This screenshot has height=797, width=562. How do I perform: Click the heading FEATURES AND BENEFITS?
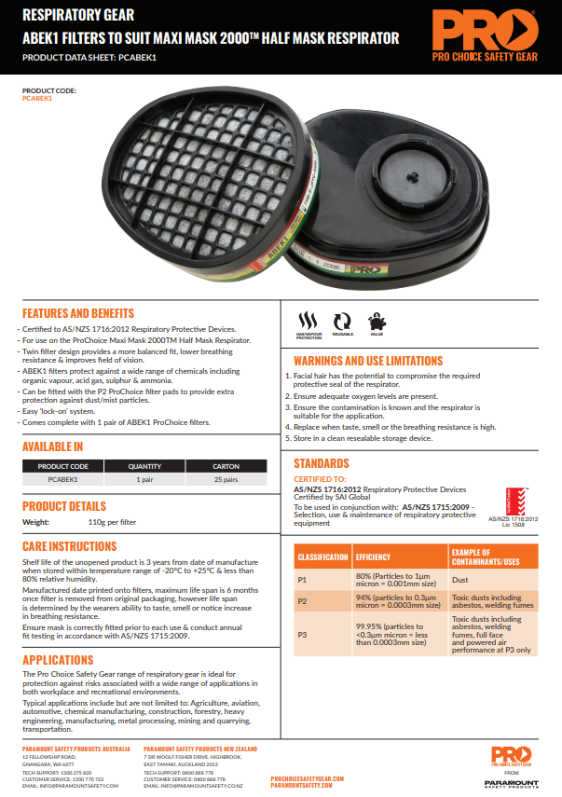point(78,313)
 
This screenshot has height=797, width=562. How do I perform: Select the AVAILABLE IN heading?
point(52,447)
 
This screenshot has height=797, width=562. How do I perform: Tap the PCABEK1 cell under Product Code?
point(62,479)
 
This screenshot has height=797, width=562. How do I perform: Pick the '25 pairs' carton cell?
point(226,479)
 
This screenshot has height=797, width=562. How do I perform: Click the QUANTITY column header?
point(144,465)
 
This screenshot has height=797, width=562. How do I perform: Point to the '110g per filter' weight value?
point(112,523)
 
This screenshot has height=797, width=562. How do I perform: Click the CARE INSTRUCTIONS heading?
point(69,545)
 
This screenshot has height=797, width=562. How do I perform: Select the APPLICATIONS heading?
point(58,659)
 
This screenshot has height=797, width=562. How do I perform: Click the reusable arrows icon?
point(342,319)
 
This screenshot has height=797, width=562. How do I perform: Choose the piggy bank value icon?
point(377,318)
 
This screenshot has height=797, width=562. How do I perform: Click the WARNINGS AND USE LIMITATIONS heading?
point(367,361)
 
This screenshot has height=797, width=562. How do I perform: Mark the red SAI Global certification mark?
point(516,500)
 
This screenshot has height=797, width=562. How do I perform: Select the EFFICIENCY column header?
point(373,557)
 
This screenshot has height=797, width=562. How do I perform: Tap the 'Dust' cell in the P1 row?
point(459,579)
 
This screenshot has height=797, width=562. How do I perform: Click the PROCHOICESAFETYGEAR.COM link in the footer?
point(308,777)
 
